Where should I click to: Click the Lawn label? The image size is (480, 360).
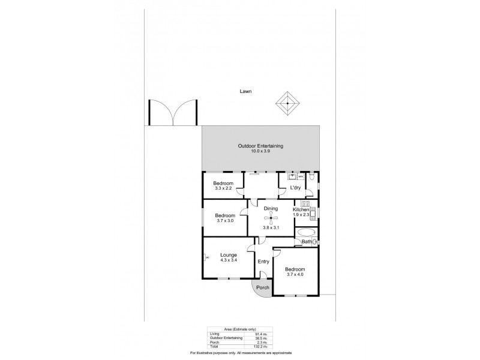244,92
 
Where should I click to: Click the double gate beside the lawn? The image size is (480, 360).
173,112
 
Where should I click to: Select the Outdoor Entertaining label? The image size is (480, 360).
260,146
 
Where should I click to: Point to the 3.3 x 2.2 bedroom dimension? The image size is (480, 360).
223,189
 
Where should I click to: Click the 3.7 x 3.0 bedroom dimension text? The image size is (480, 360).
224,221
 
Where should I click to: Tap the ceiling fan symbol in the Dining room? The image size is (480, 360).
271,217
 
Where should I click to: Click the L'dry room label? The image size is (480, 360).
295,188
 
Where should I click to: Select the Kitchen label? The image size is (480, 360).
301,209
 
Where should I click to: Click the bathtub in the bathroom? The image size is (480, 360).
305,232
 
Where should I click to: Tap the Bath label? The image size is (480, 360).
307,242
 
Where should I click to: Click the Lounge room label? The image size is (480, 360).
228,255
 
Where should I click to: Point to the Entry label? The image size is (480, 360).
263,262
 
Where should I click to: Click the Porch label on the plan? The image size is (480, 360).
263,287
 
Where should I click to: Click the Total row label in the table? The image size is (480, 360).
214,346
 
